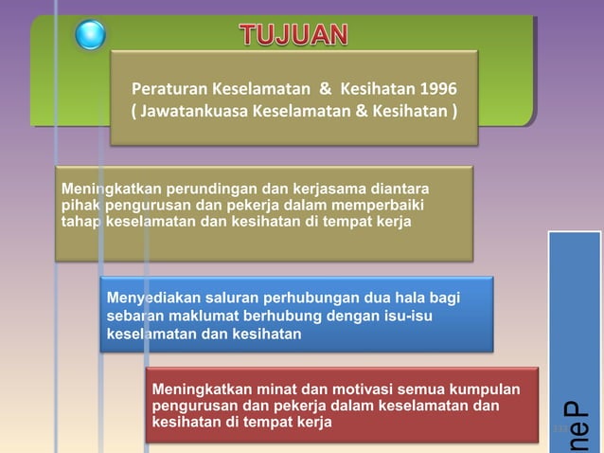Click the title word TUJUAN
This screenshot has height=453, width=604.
click(293, 36)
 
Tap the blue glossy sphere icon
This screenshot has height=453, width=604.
click(90, 35)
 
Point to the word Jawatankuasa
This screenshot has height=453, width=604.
click(196, 114)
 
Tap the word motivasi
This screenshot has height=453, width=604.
click(336, 390)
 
